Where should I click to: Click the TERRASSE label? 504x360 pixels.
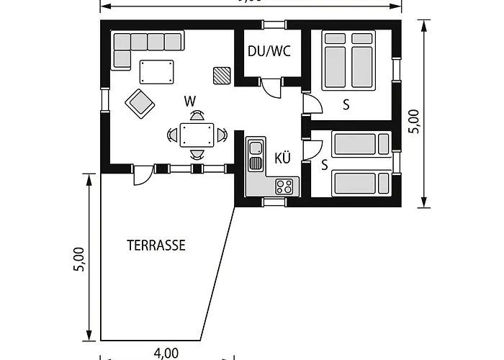click(x=156, y=246)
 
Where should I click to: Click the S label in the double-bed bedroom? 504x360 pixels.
click(x=346, y=105)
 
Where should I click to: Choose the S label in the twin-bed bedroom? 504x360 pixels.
click(x=325, y=165)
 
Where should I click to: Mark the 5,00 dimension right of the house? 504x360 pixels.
click(x=413, y=121)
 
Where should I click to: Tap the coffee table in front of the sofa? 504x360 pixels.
click(x=157, y=72)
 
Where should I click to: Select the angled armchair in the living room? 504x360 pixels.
click(x=140, y=103)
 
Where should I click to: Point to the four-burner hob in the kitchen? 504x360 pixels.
click(x=284, y=186)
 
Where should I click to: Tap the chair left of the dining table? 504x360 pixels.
click(x=172, y=134)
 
